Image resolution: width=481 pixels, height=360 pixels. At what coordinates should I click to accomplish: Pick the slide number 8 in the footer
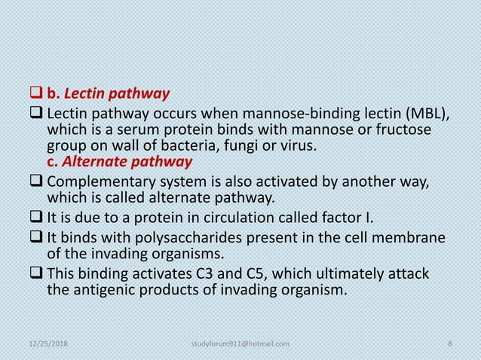(449, 344)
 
